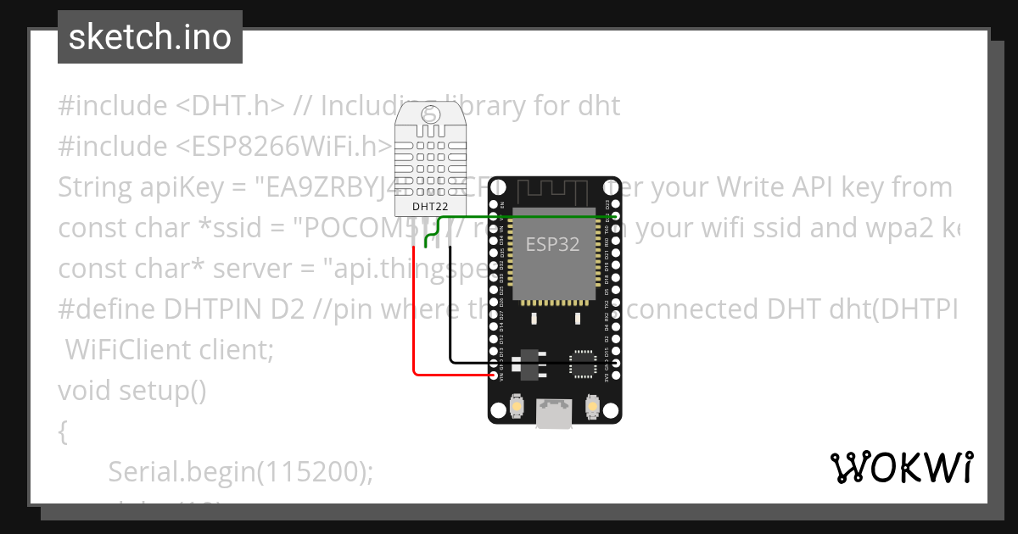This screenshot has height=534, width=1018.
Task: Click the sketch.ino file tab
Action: click(x=149, y=37)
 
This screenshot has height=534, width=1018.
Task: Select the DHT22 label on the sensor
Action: click(x=430, y=207)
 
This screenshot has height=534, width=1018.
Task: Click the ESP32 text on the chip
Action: click(x=552, y=245)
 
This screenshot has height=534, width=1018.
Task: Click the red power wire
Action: click(x=413, y=322)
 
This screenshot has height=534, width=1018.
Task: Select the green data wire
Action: click(x=526, y=217)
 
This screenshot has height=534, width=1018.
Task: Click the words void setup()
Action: click(x=131, y=391)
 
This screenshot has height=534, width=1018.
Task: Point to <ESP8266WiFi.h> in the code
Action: click(x=278, y=147)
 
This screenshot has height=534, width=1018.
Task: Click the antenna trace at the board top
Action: click(x=555, y=190)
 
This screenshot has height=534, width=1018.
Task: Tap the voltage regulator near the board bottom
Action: click(x=527, y=364)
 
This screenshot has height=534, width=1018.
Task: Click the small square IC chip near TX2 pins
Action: click(x=583, y=362)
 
